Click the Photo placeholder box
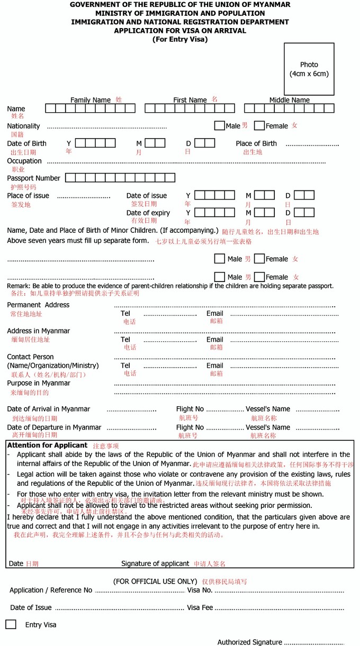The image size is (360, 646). click(309, 69)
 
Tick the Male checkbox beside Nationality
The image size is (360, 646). click(219, 126)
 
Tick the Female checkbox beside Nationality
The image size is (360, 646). click(259, 126)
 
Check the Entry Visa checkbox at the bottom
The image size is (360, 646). click(11, 624)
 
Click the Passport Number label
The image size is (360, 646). click(33, 178)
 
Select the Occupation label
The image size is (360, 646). click(24, 161)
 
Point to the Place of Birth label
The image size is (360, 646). click(256, 143)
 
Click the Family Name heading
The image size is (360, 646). click(91, 100)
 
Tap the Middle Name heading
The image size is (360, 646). click(290, 100)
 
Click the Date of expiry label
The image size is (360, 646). click(148, 213)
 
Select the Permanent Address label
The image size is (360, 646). click(38, 305)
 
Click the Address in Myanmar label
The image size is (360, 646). click(38, 331)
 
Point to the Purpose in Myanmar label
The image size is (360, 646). click(39, 383)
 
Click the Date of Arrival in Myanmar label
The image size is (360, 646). click(48, 409)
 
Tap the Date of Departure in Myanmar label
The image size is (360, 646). click(54, 427)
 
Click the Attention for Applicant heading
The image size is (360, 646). click(47, 445)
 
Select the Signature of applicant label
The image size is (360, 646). click(155, 563)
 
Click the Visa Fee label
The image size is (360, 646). click(200, 607)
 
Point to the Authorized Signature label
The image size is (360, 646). click(249, 642)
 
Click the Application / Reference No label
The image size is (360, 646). click(51, 590)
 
